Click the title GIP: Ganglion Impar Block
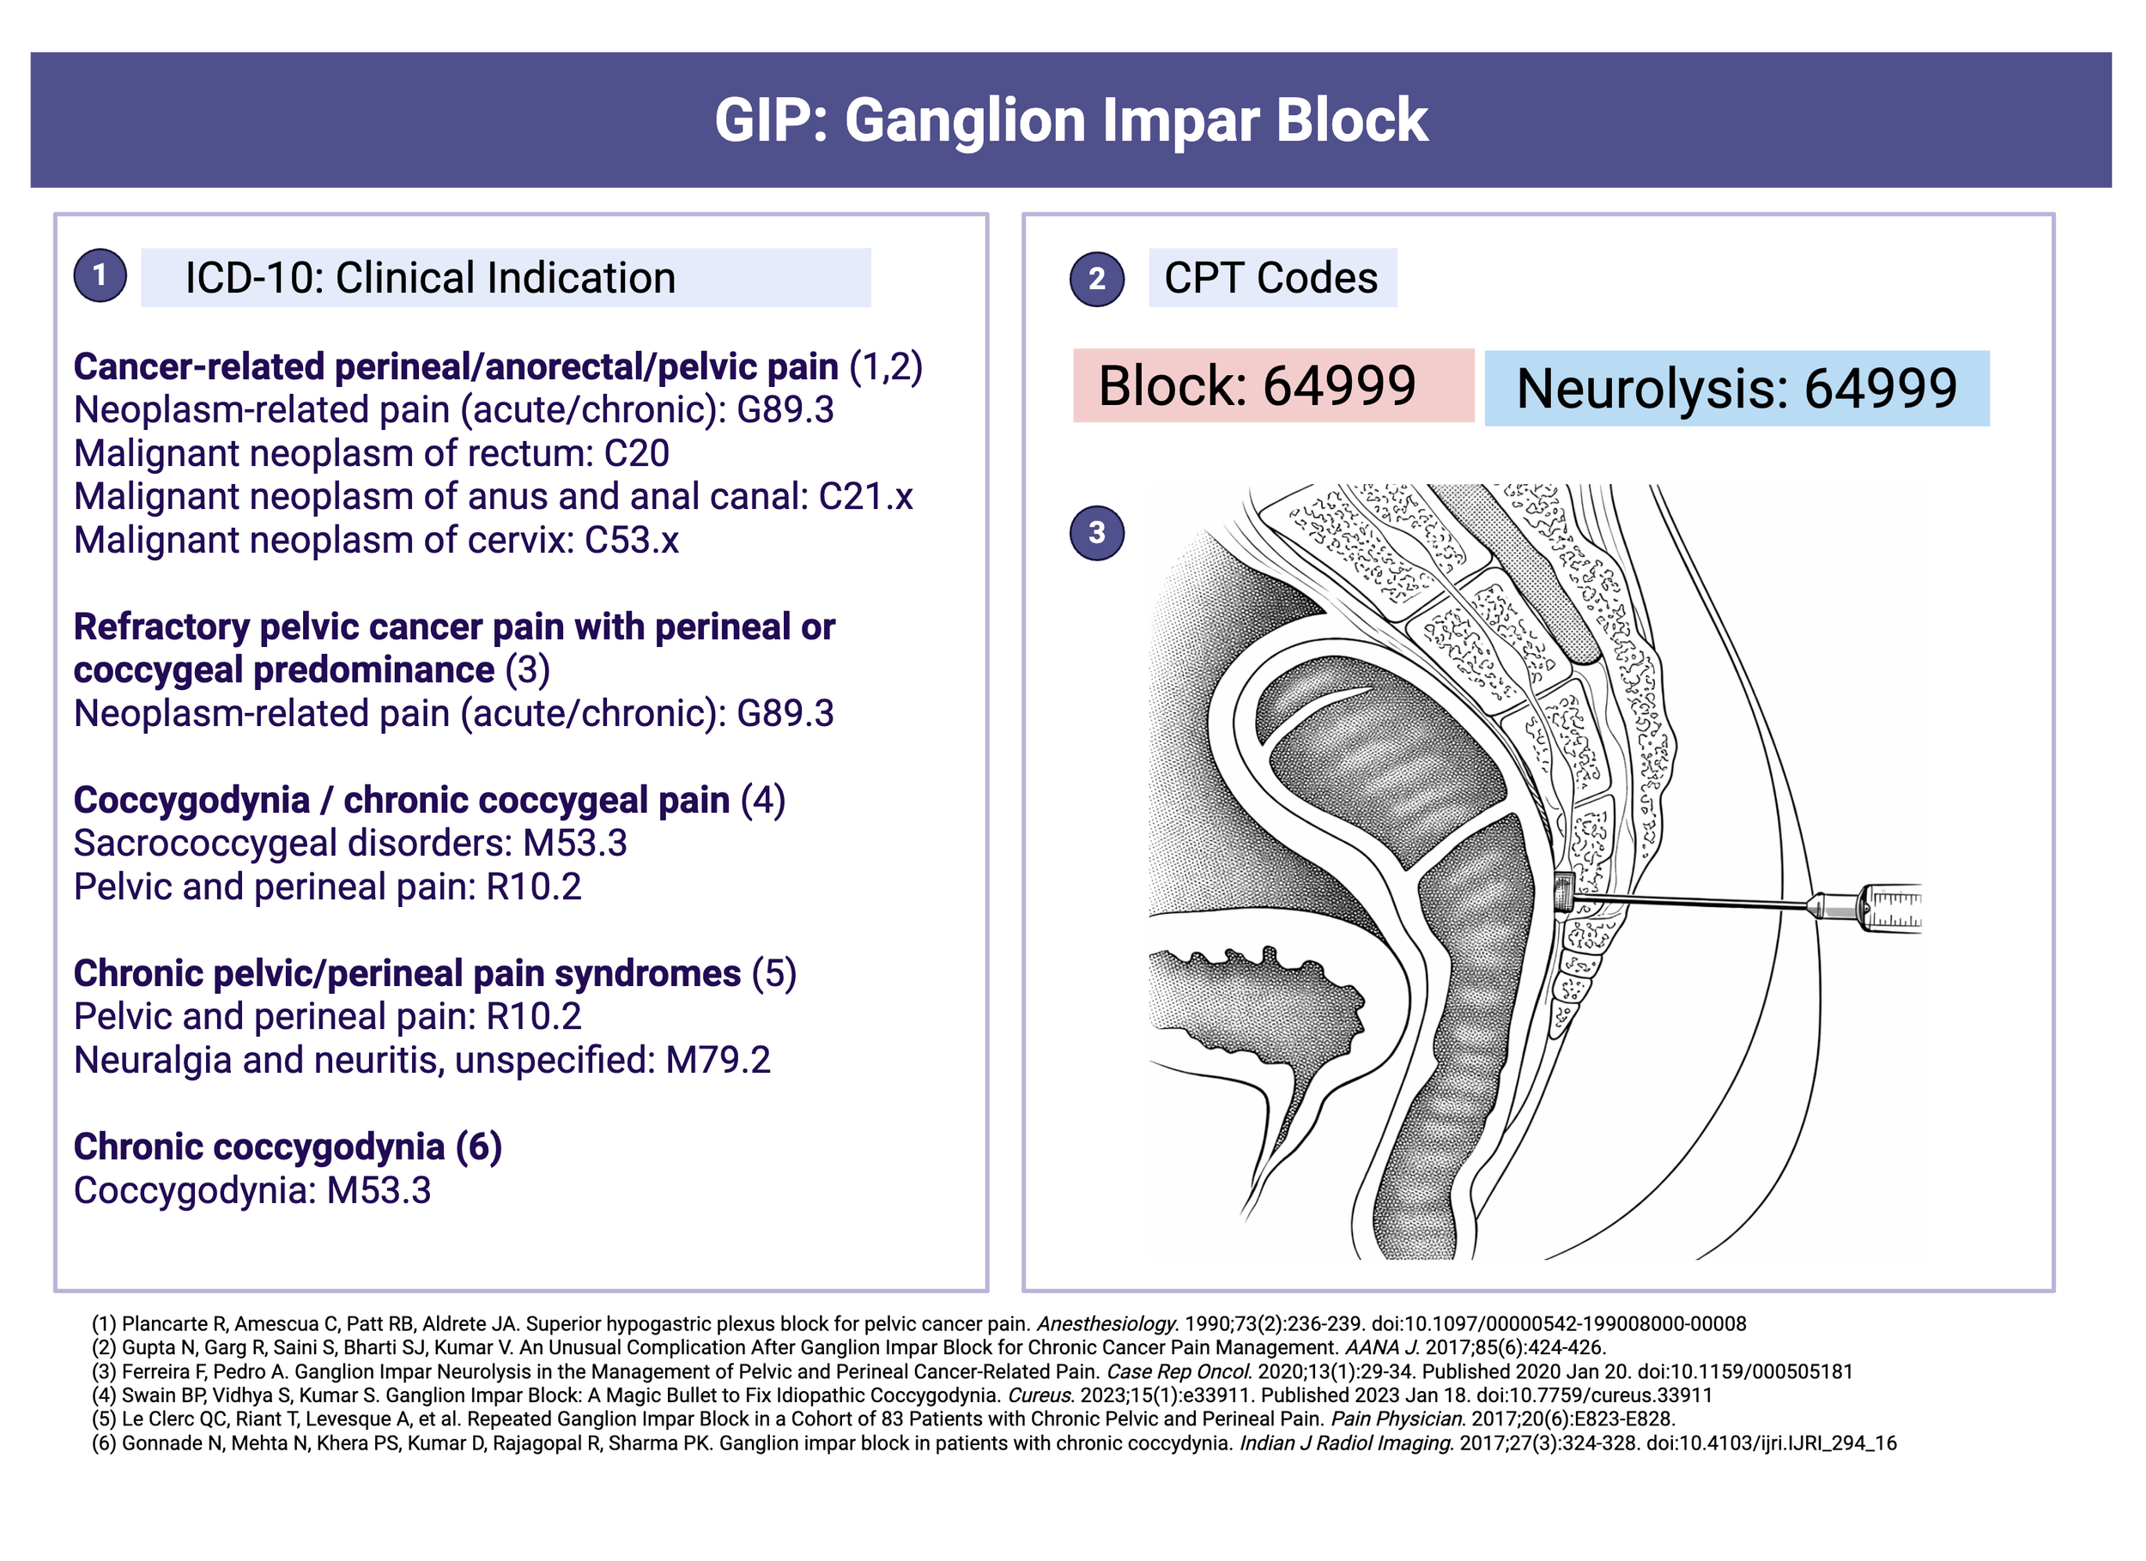[x=1070, y=120]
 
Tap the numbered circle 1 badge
[x=100, y=275]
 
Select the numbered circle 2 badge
[x=1097, y=278]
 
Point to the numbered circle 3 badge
[x=1097, y=533]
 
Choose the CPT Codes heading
[x=1270, y=278]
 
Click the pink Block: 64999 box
[x=1273, y=386]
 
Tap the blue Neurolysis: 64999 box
[x=1737, y=389]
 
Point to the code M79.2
[x=718, y=1061]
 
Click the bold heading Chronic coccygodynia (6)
[x=288, y=1147]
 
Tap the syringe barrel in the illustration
[x=1888, y=908]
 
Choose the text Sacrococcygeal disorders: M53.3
[x=350, y=844]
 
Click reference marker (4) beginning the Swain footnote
[x=104, y=1395]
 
